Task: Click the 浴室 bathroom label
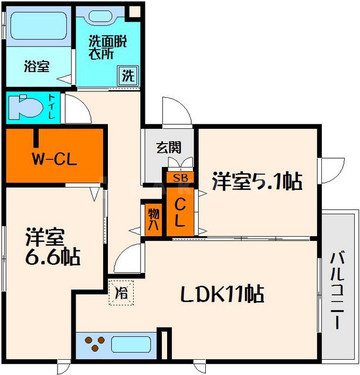(x=36, y=66)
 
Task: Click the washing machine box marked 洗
(x=127, y=76)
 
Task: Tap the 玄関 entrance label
(x=168, y=147)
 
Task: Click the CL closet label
(x=181, y=213)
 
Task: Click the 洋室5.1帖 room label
(x=257, y=182)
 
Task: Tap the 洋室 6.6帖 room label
(x=52, y=247)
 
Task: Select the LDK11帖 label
(x=225, y=292)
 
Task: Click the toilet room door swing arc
(x=76, y=110)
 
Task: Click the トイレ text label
(x=52, y=107)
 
